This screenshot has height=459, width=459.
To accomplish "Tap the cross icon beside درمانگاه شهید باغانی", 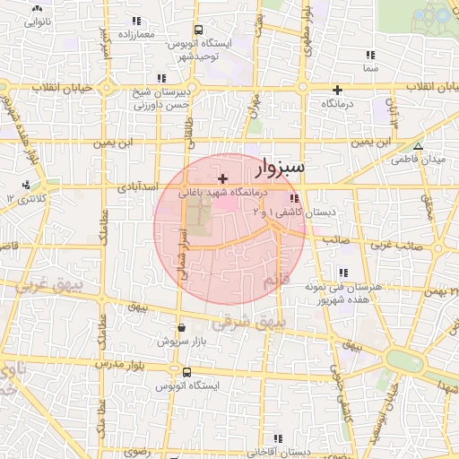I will (x=222, y=179).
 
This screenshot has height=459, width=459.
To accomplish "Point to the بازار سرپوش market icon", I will (x=182, y=328).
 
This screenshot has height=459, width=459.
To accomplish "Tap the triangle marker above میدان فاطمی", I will (x=418, y=146).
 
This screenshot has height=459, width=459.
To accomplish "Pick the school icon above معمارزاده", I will (x=136, y=20).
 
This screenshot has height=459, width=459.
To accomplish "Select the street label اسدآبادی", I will (x=136, y=188).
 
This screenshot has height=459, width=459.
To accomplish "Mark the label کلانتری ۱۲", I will (x=26, y=197).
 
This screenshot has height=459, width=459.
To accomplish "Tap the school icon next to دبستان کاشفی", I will (x=294, y=198).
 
